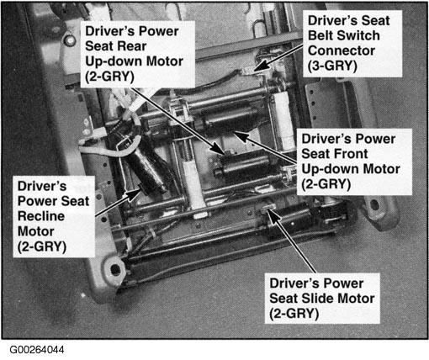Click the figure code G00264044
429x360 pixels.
(37, 350)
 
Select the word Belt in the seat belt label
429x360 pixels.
(320, 35)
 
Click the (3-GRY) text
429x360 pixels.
(332, 66)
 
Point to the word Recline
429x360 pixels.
(41, 216)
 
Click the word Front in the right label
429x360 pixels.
(351, 154)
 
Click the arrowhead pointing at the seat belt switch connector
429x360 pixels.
(262, 66)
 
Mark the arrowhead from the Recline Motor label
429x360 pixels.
(133, 194)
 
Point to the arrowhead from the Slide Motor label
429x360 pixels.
(272, 215)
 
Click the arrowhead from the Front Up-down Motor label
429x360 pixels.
(241, 135)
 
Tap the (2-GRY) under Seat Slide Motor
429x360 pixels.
(294, 314)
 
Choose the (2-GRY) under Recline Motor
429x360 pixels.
(42, 247)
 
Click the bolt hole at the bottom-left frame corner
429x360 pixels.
(115, 269)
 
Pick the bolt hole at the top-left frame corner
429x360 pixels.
(70, 40)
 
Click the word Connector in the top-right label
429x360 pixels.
(342, 50)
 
